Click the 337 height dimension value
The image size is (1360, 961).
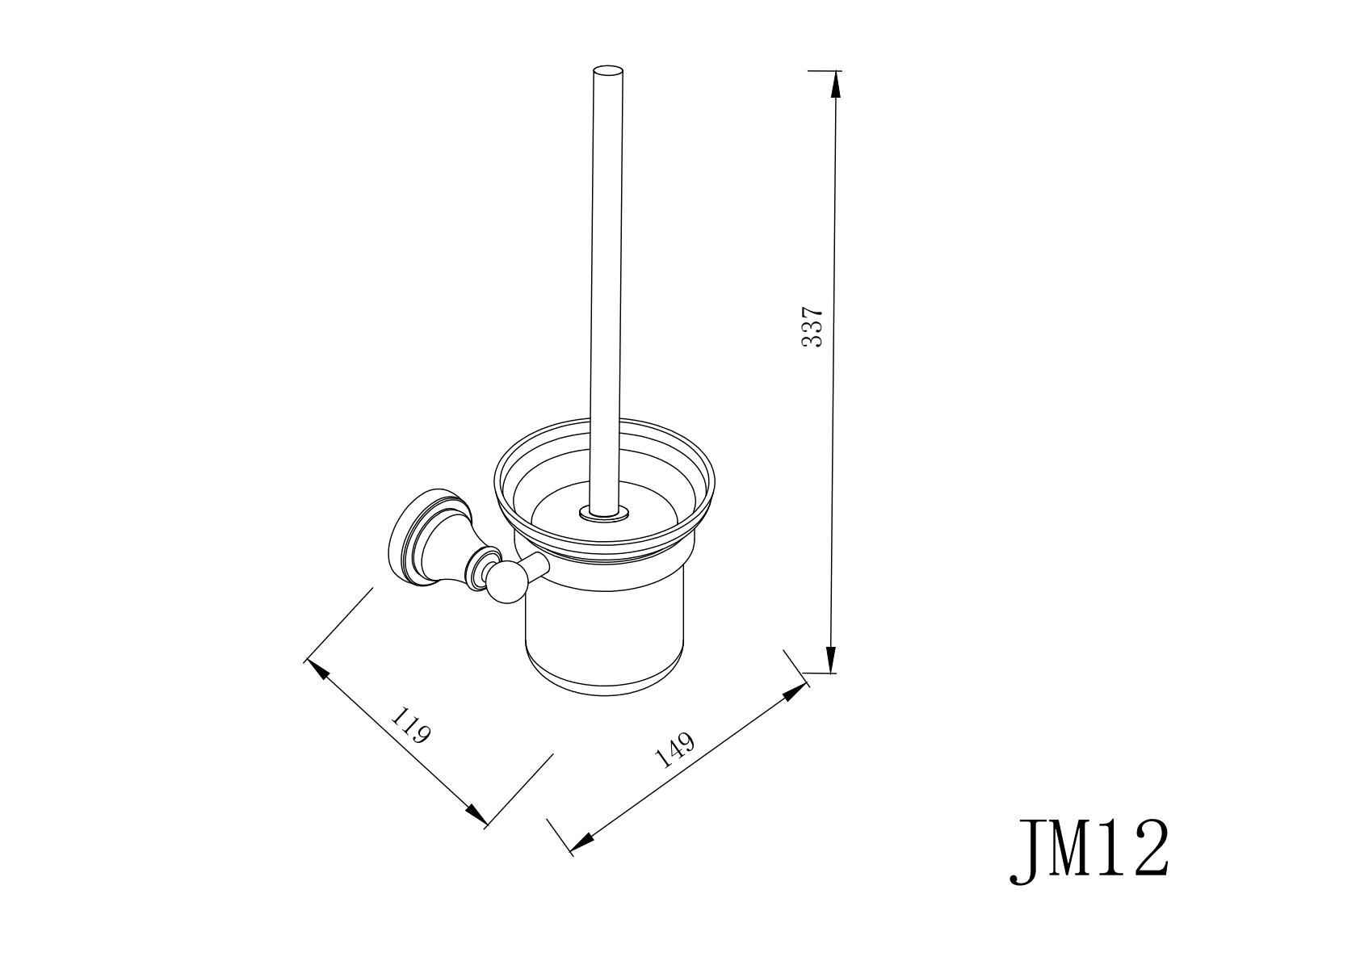[x=812, y=327]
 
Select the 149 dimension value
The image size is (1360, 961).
[x=674, y=751]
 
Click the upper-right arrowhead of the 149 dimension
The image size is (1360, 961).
[x=795, y=693]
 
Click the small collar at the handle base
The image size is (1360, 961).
[x=603, y=514]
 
